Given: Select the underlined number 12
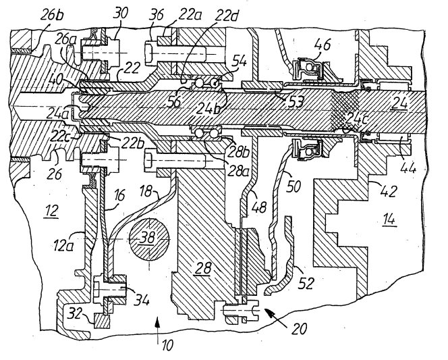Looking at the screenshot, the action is (x=51, y=212).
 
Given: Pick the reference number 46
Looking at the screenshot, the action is (x=323, y=45).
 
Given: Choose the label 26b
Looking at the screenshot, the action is (x=52, y=15).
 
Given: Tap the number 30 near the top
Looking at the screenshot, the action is (x=121, y=14).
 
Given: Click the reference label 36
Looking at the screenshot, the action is (x=157, y=14).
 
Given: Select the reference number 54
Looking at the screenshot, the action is (x=239, y=61).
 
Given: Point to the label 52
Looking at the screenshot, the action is (x=306, y=283).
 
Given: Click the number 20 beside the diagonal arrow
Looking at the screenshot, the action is (x=299, y=328).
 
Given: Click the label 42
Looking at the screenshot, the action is (x=389, y=190).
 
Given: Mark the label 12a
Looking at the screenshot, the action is (x=63, y=245).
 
